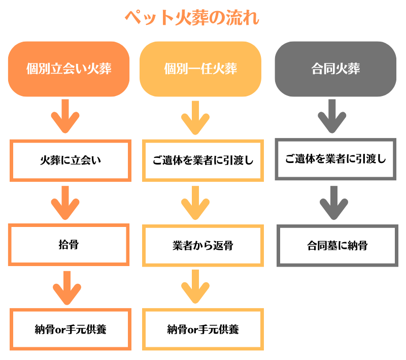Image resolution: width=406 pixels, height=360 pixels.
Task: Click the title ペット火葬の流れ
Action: click(x=192, y=18)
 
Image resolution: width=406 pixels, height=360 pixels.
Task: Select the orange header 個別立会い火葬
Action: click(x=69, y=69)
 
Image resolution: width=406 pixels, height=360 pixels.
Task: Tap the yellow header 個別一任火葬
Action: click(x=200, y=69)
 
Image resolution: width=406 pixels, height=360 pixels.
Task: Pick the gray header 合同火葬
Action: click(x=335, y=69)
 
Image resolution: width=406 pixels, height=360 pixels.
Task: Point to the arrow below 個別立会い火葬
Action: click(x=65, y=116)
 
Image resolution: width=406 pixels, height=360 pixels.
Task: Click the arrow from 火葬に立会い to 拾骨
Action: click(x=65, y=203)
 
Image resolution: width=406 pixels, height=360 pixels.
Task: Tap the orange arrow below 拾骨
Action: click(x=67, y=288)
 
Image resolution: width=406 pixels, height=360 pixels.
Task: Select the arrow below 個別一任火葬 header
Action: click(x=195, y=118)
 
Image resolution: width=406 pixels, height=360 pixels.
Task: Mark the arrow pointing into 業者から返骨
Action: click(x=195, y=203)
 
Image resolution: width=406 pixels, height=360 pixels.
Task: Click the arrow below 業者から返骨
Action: click(x=195, y=286)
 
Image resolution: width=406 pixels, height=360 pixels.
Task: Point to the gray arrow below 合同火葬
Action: click(x=332, y=116)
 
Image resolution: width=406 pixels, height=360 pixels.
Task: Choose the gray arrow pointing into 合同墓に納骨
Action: click(x=334, y=203)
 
